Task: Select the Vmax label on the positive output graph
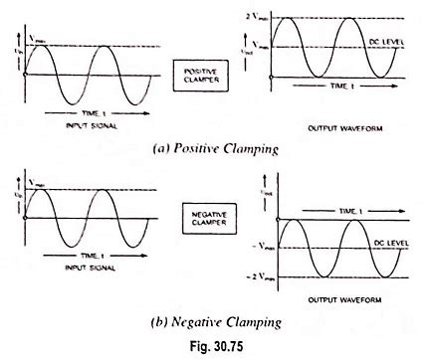tap(258, 46)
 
